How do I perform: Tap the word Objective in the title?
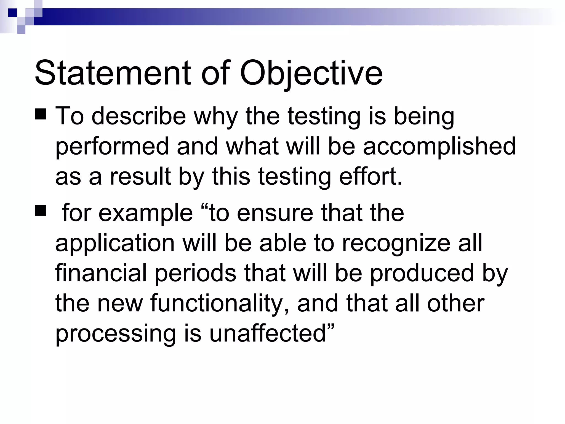[x=311, y=73]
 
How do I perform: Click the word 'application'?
[x=115, y=244]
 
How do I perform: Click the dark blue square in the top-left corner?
[x=13, y=13]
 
